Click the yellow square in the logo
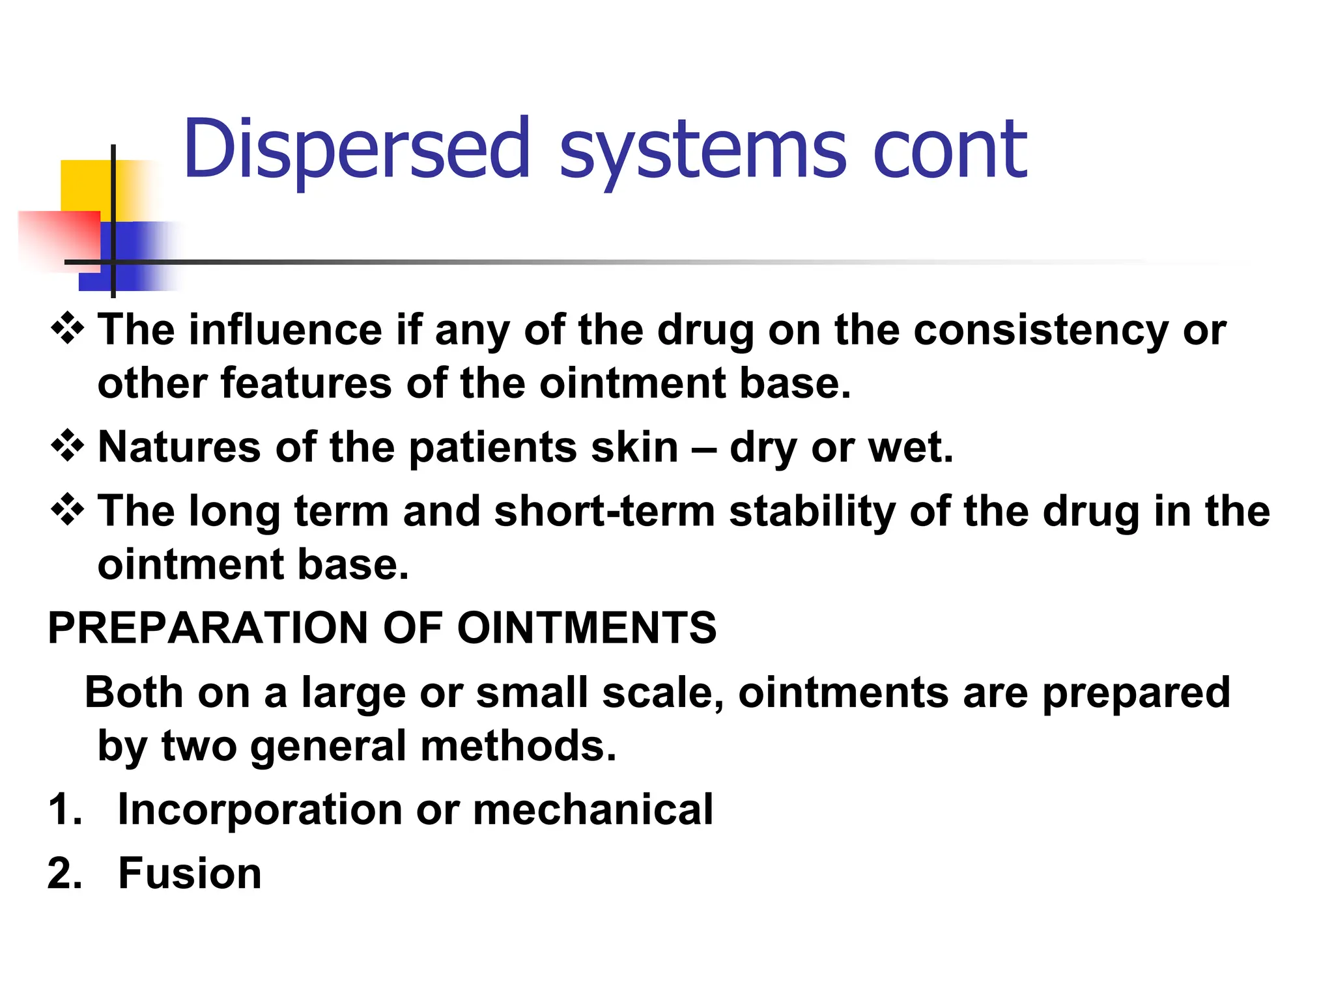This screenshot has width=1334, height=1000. [85, 185]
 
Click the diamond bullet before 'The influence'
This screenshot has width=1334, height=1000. [67, 329]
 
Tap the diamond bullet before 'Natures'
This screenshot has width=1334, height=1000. [67, 446]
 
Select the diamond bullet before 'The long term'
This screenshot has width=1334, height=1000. [67, 510]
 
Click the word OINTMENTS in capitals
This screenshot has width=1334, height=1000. [586, 628]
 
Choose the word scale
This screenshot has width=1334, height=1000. [662, 692]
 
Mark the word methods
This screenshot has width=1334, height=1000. [518, 745]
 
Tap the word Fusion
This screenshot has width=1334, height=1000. [190, 874]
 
